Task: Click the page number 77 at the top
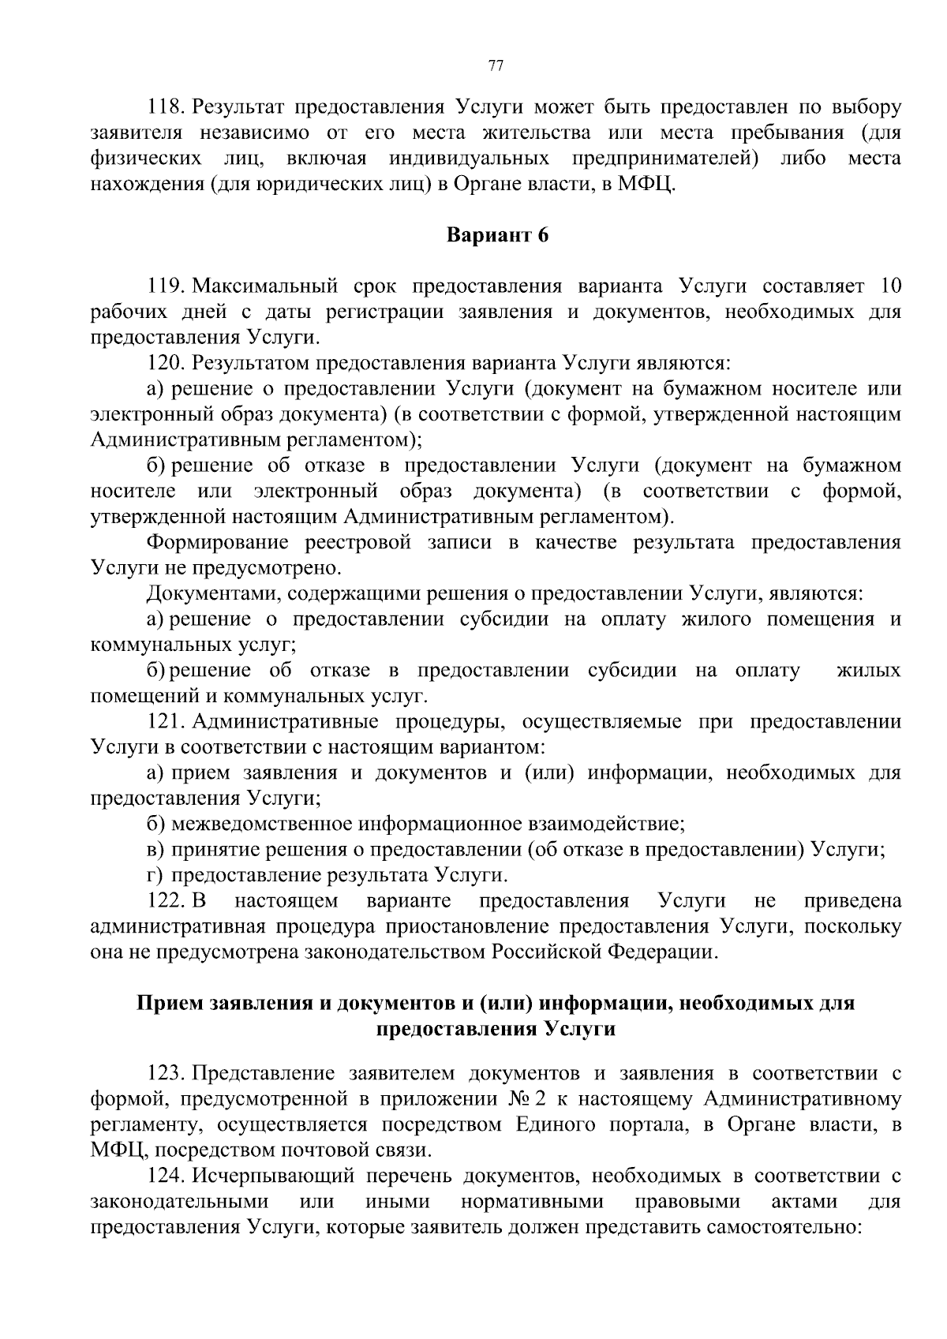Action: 496,66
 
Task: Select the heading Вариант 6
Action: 497,235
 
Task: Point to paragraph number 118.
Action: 166,107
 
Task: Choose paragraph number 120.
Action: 166,363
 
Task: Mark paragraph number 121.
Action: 166,721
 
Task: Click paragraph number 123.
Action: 166,1074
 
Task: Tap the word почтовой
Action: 309,1150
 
